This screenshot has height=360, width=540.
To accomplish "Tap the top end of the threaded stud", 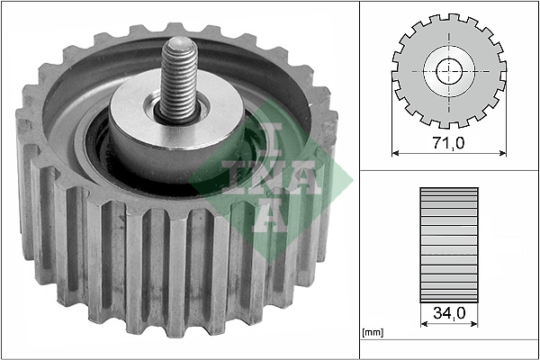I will [177, 46].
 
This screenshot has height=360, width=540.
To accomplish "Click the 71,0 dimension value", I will [446, 143].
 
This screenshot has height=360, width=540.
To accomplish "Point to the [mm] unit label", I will [371, 334].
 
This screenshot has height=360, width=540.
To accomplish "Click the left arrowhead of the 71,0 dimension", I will [397, 154].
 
